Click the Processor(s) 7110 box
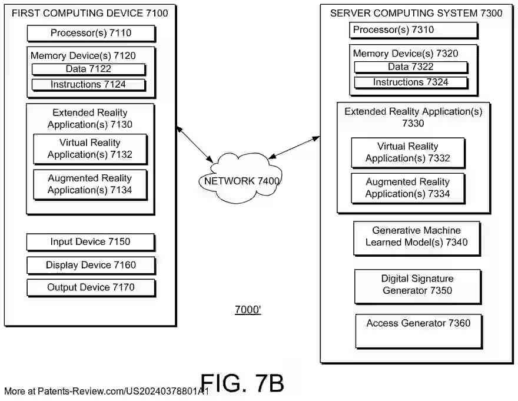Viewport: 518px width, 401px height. tap(91, 33)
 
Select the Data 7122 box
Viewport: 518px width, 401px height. tap(88, 69)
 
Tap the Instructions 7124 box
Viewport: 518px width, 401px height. tap(88, 85)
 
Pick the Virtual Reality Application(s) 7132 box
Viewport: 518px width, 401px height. tap(90, 149)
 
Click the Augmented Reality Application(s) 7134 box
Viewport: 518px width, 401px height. tap(90, 184)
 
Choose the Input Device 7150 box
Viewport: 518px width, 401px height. tap(91, 242)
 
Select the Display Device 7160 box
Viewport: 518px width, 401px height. tap(91, 266)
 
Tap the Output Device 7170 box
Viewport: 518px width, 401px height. tap(91, 288)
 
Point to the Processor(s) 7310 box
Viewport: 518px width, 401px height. tap(413, 30)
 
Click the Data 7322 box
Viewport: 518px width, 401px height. tap(411, 67)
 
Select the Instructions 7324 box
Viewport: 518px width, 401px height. tap(411, 82)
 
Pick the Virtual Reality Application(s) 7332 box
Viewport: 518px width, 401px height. tap(408, 153)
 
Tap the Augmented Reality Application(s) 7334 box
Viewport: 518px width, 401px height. tap(407, 188)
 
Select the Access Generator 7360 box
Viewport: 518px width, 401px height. tap(419, 330)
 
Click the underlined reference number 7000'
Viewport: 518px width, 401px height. tap(248, 310)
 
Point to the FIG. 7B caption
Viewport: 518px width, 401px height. tap(243, 383)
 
